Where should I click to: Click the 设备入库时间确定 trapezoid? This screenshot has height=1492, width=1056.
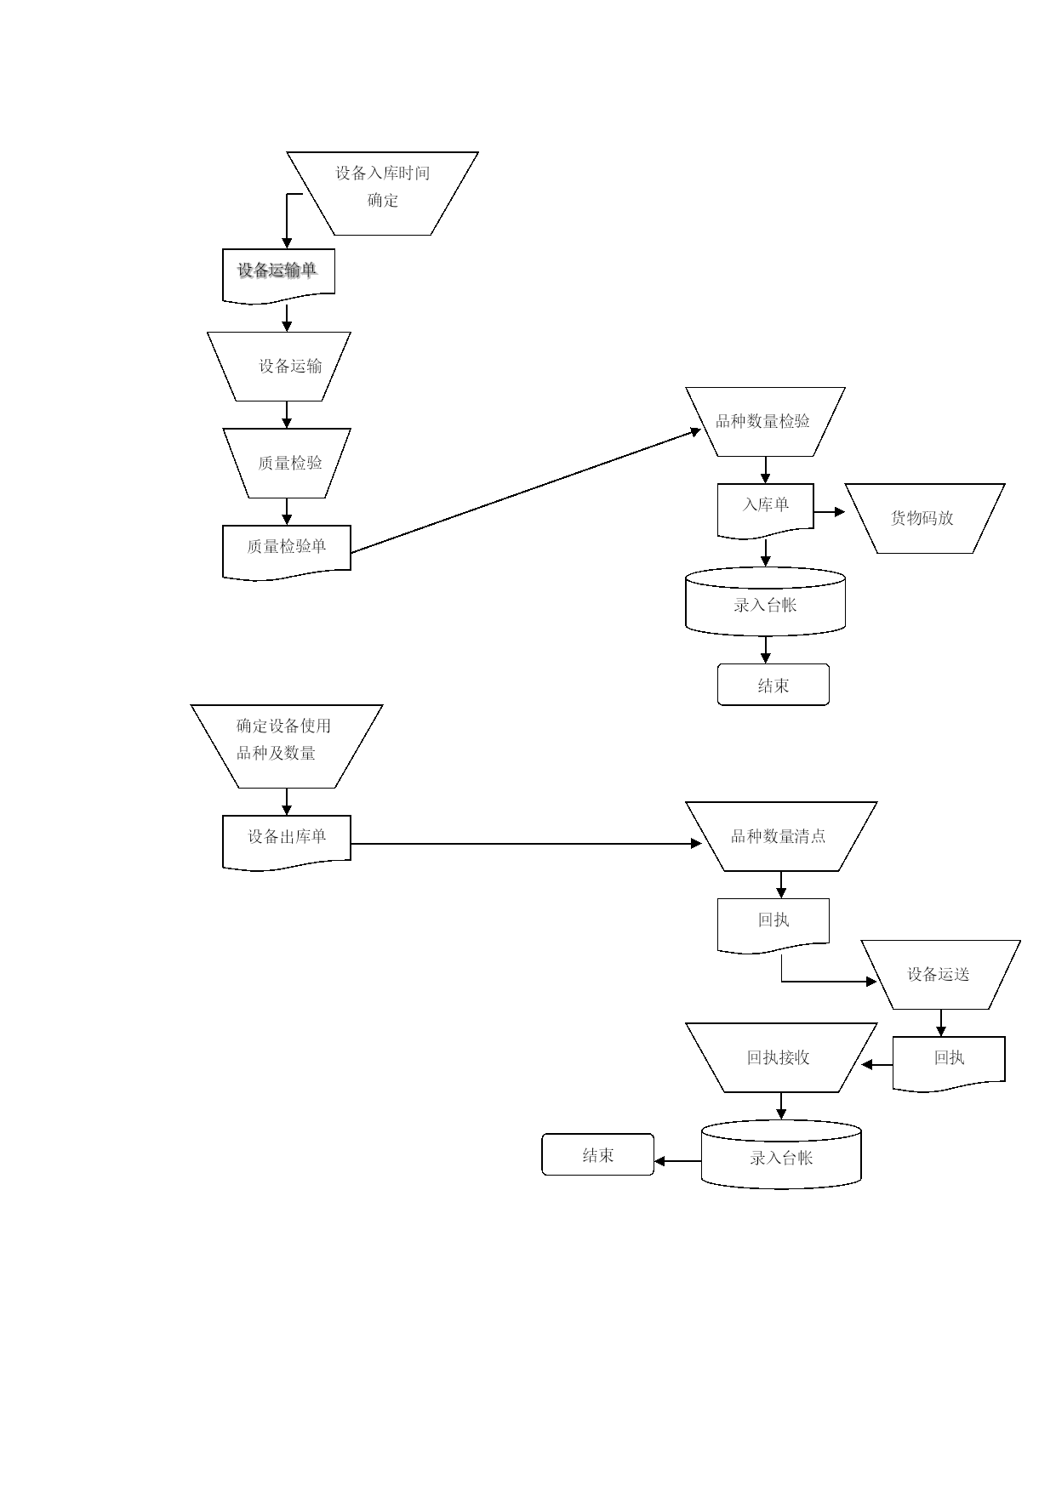(382, 193)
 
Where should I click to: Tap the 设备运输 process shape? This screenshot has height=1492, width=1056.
(279, 367)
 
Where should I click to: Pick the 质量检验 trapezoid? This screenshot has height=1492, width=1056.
(287, 463)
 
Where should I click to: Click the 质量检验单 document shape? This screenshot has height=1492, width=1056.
(287, 553)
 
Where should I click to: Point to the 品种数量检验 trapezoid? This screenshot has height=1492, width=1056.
(765, 422)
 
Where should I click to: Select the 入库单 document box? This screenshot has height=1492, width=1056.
(765, 510)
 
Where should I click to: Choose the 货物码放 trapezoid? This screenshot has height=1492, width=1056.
(925, 518)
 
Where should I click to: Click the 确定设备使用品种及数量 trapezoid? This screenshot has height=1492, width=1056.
(287, 746)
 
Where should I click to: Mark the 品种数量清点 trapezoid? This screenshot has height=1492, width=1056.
(781, 836)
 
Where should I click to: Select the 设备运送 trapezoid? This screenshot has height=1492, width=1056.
(940, 975)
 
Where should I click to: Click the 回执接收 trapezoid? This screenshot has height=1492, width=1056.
(781, 1057)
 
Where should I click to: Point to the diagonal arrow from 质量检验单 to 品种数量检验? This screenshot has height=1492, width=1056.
(526, 492)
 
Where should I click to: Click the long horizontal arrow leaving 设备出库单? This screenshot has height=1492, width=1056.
(526, 844)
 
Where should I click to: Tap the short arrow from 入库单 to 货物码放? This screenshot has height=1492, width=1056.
(830, 512)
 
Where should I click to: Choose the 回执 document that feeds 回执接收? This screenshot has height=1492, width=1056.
(949, 1063)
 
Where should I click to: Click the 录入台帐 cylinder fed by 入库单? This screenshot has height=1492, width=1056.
(765, 601)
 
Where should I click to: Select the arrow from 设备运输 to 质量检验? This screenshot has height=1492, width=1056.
(287, 414)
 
